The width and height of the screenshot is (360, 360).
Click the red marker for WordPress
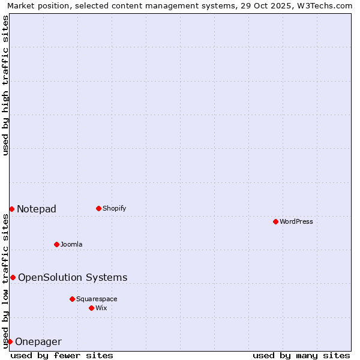[x=275, y=221]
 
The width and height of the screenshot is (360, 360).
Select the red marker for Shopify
[x=98, y=208]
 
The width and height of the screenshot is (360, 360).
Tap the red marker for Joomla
[x=56, y=244]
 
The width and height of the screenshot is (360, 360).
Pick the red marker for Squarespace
[x=72, y=299]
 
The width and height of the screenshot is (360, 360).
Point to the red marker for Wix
[x=91, y=308]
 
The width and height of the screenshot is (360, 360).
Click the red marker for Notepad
[x=11, y=209]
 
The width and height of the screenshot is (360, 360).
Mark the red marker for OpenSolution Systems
[x=13, y=277]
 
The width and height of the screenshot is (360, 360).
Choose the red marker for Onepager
[x=10, y=341]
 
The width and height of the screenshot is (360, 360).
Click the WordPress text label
[x=296, y=221]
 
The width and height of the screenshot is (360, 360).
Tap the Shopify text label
[x=114, y=208]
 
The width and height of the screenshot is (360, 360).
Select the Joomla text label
[x=71, y=244]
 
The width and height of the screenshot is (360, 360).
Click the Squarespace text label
[x=97, y=299]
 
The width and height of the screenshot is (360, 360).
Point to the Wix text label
[x=101, y=308]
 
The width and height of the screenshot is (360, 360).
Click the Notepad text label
[x=37, y=209]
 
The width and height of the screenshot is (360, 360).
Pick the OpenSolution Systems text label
[x=73, y=277]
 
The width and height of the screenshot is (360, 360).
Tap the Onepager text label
[x=38, y=342]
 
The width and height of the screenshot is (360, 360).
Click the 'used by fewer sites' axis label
[x=62, y=355]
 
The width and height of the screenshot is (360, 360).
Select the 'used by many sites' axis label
[x=301, y=355]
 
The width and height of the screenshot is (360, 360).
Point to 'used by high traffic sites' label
[x=6, y=85]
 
